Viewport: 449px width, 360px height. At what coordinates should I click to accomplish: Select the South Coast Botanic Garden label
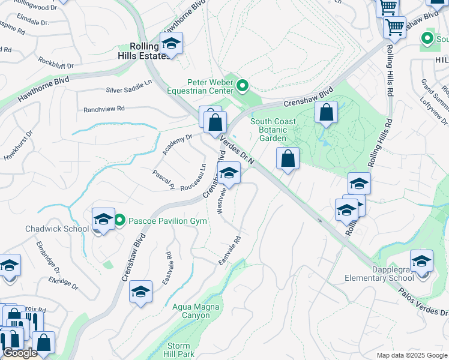pyautogui.click(x=273, y=130)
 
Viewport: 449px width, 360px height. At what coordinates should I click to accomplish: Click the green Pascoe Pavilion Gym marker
pyautogui.click(x=119, y=221)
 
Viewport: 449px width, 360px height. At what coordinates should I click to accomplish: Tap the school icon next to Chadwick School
pyautogui.click(x=103, y=220)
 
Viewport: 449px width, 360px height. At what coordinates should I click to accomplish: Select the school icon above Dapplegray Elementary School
pyautogui.click(x=421, y=262)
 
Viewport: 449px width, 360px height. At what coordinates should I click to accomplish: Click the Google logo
pyautogui.click(x=20, y=353)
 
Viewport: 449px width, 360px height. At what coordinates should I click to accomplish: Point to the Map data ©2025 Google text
pyautogui.click(x=412, y=355)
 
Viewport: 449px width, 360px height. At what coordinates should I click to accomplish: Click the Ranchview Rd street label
pyautogui.click(x=104, y=109)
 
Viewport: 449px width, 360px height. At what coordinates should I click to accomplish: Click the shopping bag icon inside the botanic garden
pyautogui.click(x=326, y=112)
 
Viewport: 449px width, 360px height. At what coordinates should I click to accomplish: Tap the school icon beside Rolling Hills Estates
pyautogui.click(x=171, y=44)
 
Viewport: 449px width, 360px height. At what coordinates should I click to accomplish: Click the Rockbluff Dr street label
pyautogui.click(x=55, y=62)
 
